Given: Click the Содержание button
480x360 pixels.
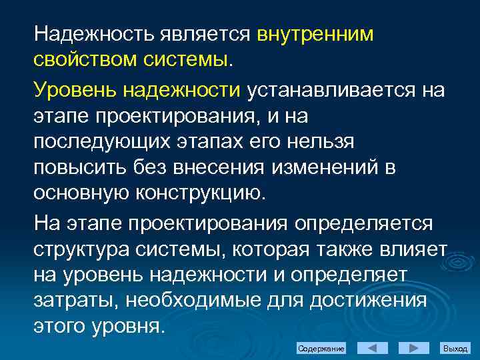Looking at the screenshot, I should (321, 349).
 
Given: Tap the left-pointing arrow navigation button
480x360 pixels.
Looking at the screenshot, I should (373, 349).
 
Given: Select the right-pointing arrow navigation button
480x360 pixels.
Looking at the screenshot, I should (413, 349).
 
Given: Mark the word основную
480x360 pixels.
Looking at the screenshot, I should (79, 193).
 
